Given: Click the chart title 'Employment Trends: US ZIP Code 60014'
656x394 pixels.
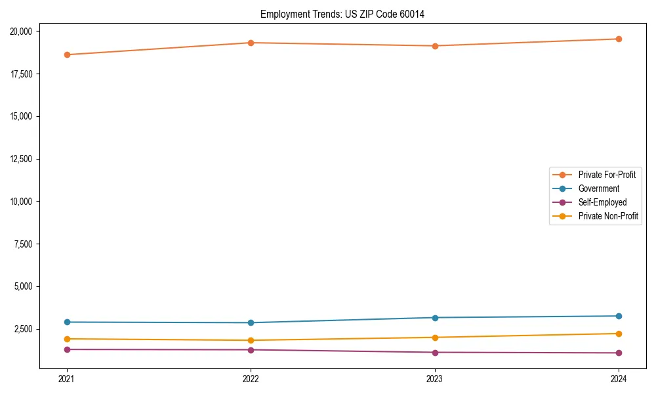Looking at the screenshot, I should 342,14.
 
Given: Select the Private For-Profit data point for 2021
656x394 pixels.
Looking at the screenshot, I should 67,55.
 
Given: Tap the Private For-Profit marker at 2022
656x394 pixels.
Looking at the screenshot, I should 251,43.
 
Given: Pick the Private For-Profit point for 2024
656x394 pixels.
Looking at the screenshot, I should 619,39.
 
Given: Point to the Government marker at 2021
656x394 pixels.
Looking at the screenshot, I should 67,322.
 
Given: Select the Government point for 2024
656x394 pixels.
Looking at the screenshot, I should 619,316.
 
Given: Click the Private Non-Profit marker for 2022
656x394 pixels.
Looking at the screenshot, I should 251,340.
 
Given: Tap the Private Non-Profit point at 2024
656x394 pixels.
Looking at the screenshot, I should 619,334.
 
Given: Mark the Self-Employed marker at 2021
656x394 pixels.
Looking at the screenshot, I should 67,349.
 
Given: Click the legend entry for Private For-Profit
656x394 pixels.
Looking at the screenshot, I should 606,175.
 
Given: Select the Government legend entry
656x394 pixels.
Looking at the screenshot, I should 598,188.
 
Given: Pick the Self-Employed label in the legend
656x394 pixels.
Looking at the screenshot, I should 602,202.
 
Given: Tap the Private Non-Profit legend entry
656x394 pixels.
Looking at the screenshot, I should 608,216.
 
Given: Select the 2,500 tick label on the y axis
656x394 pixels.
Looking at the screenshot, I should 27,329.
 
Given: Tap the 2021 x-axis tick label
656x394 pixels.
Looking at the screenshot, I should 67,378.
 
